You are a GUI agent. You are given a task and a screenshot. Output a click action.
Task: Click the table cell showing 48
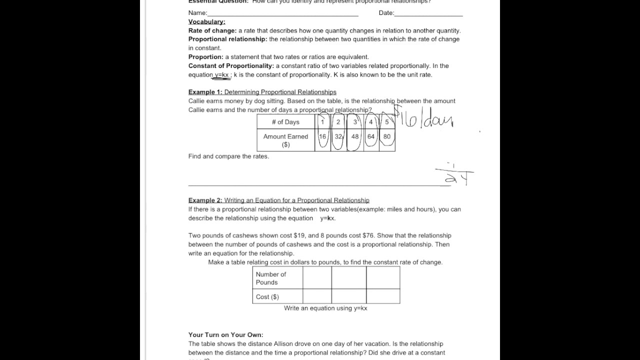(x=355, y=136)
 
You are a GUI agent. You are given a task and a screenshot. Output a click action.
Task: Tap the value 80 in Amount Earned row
(x=387, y=136)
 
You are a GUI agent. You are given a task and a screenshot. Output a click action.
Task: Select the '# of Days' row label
(x=285, y=122)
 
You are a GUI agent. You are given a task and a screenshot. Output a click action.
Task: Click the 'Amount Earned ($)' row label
(x=285, y=140)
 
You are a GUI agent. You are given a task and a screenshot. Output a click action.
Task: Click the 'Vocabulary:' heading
(x=206, y=21)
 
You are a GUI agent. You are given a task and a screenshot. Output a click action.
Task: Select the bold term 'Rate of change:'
(x=212, y=30)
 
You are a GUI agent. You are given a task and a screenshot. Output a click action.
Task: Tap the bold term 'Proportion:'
(x=205, y=57)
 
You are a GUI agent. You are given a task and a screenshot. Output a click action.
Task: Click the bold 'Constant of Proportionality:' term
(x=231, y=66)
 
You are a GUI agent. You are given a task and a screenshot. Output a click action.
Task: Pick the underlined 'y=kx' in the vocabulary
(x=221, y=75)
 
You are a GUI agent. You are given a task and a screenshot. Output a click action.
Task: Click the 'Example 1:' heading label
(x=205, y=92)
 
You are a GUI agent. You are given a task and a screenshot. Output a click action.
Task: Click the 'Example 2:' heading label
(x=205, y=200)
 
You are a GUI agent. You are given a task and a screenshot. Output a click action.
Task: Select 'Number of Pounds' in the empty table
(x=271, y=278)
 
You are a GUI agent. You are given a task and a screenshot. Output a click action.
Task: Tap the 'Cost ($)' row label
(x=267, y=297)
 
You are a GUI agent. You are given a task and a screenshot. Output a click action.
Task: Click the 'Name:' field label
(x=197, y=13)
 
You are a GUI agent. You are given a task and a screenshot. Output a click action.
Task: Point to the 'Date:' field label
(x=386, y=13)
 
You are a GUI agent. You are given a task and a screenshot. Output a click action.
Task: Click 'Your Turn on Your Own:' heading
(x=225, y=335)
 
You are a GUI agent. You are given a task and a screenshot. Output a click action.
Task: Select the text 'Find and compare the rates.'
(x=228, y=156)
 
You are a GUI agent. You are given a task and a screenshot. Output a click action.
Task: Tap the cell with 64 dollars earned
(x=371, y=136)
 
